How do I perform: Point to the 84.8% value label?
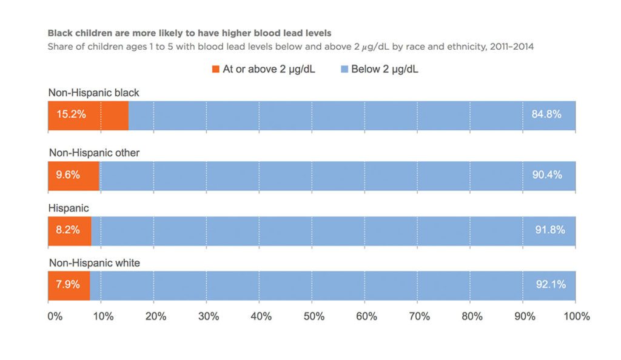pyautogui.click(x=546, y=114)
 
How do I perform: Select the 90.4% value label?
pyautogui.click(x=546, y=175)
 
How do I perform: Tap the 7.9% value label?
pyautogui.click(x=67, y=285)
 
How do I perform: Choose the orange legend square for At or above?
pyautogui.click(x=215, y=70)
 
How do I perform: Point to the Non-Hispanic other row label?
pyautogui.click(x=94, y=153)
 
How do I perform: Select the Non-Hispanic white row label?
pyautogui.click(x=94, y=263)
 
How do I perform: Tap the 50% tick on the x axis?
pyautogui.click(x=314, y=316)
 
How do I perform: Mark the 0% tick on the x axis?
pyautogui.click(x=55, y=316)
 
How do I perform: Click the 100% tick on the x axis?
pyautogui.click(x=576, y=316)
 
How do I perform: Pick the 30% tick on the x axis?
pyautogui.click(x=208, y=316)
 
